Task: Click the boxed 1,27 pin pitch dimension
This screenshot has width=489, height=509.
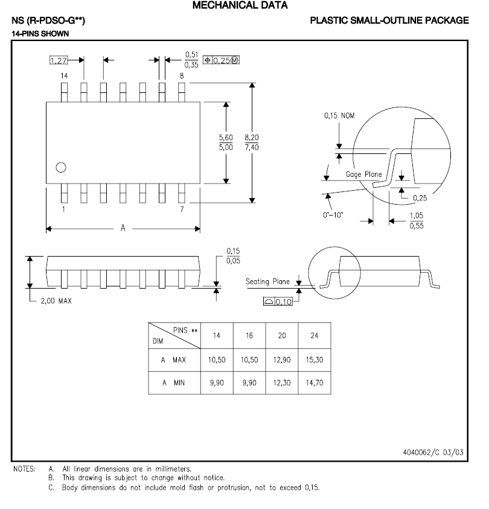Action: click(58, 60)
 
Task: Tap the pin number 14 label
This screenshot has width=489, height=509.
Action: click(63, 76)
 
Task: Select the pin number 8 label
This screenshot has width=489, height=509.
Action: click(181, 76)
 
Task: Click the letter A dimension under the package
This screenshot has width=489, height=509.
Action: click(123, 228)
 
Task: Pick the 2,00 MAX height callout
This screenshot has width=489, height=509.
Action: click(56, 301)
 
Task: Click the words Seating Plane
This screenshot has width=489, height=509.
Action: click(267, 282)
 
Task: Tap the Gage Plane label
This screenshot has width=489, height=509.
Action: click(363, 174)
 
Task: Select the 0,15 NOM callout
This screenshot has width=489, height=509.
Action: click(340, 115)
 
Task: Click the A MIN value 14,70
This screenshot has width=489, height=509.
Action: click(315, 382)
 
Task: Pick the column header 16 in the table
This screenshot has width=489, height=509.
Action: click(249, 336)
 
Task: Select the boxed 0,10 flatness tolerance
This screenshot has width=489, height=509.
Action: click(283, 301)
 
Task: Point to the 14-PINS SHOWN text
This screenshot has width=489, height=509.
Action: click(40, 34)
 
